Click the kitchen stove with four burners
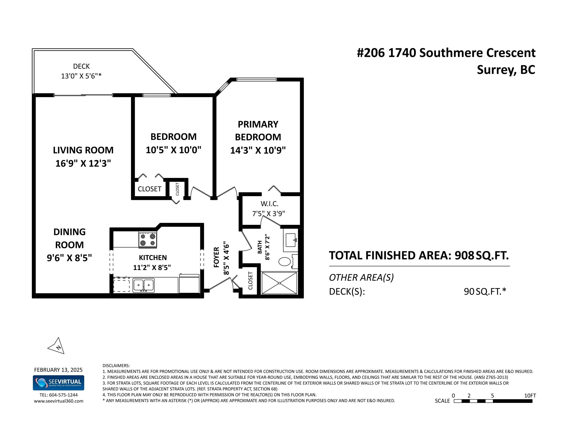[x=148, y=240]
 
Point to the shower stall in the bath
[x=279, y=283]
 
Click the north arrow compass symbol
[x=57, y=346]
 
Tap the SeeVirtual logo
[x=58, y=383]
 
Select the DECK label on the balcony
[x=81, y=66]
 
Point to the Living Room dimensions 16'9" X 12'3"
[x=83, y=163]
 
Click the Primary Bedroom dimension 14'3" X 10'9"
[x=258, y=150]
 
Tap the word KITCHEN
[x=153, y=257]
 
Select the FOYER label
[x=216, y=257]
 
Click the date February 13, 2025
[x=58, y=370]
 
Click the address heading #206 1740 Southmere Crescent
[x=446, y=53]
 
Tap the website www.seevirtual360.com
[x=59, y=401]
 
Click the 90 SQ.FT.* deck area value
[x=485, y=291]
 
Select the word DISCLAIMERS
[x=116, y=366]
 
